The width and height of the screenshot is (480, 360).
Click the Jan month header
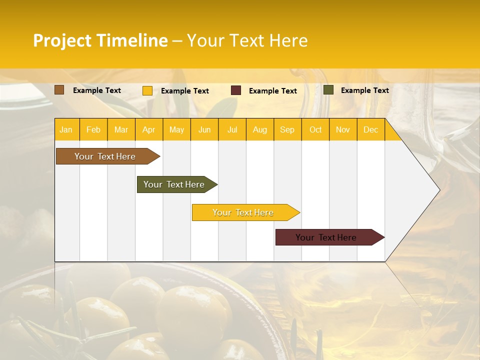pyautogui.click(x=66, y=129)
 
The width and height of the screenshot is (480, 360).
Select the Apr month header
pyautogui.click(x=148, y=129)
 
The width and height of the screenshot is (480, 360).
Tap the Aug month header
pyautogui.click(x=259, y=129)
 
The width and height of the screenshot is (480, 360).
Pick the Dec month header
pyautogui.click(x=370, y=129)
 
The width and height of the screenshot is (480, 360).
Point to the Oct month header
pyautogui.click(x=315, y=129)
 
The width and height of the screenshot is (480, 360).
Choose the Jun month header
pyautogui.click(x=204, y=129)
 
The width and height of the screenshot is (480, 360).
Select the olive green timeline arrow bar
pyautogui.click(x=175, y=184)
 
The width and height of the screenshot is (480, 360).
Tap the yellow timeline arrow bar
pyautogui.click(x=243, y=212)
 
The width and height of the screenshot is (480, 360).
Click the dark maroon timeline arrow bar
pyautogui.click(x=327, y=237)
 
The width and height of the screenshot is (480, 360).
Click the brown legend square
pyautogui.click(x=59, y=90)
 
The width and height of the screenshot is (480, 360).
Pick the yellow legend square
pyautogui.click(x=147, y=90)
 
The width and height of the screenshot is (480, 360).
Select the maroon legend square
pyautogui.click(x=236, y=90)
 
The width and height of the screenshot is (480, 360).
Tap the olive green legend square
pyautogui.click(x=328, y=90)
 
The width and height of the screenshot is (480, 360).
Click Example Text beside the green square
pyautogui.click(x=364, y=90)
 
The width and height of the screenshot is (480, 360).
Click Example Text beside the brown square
pyautogui.click(x=97, y=90)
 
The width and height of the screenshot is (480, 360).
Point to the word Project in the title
pyautogui.click(x=62, y=40)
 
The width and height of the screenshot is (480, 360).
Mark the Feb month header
pyautogui.click(x=93, y=129)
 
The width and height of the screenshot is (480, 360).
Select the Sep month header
pyautogui.click(x=287, y=129)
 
